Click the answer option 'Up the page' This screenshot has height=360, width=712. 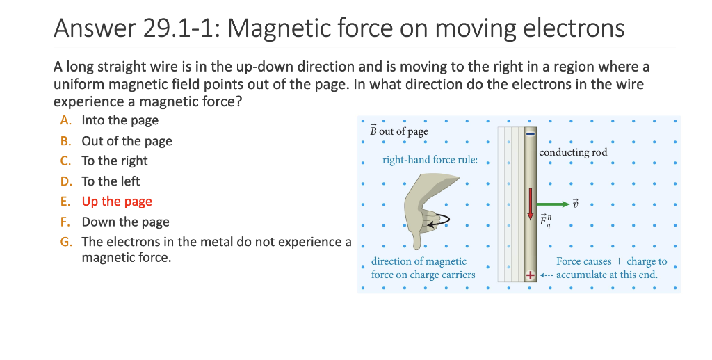click(117, 201)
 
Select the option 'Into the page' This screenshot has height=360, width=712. click(120, 120)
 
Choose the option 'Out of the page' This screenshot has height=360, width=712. click(127, 141)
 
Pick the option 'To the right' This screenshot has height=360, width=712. click(115, 161)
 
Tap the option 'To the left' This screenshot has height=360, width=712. click(111, 181)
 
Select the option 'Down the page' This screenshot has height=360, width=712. click(125, 222)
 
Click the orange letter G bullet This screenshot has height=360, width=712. click(66, 242)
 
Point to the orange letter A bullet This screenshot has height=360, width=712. click(66, 120)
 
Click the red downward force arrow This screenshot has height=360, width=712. click(530, 204)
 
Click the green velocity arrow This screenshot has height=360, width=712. click(553, 204)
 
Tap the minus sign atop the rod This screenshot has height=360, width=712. click(530, 133)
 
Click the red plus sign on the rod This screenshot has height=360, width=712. click(530, 275)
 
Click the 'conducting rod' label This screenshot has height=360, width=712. click(573, 152)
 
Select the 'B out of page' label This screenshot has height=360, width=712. click(398, 131)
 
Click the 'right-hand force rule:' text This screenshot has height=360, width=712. click(430, 160)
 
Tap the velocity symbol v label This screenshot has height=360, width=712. click(575, 204)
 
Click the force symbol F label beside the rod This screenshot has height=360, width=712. click(545, 220)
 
